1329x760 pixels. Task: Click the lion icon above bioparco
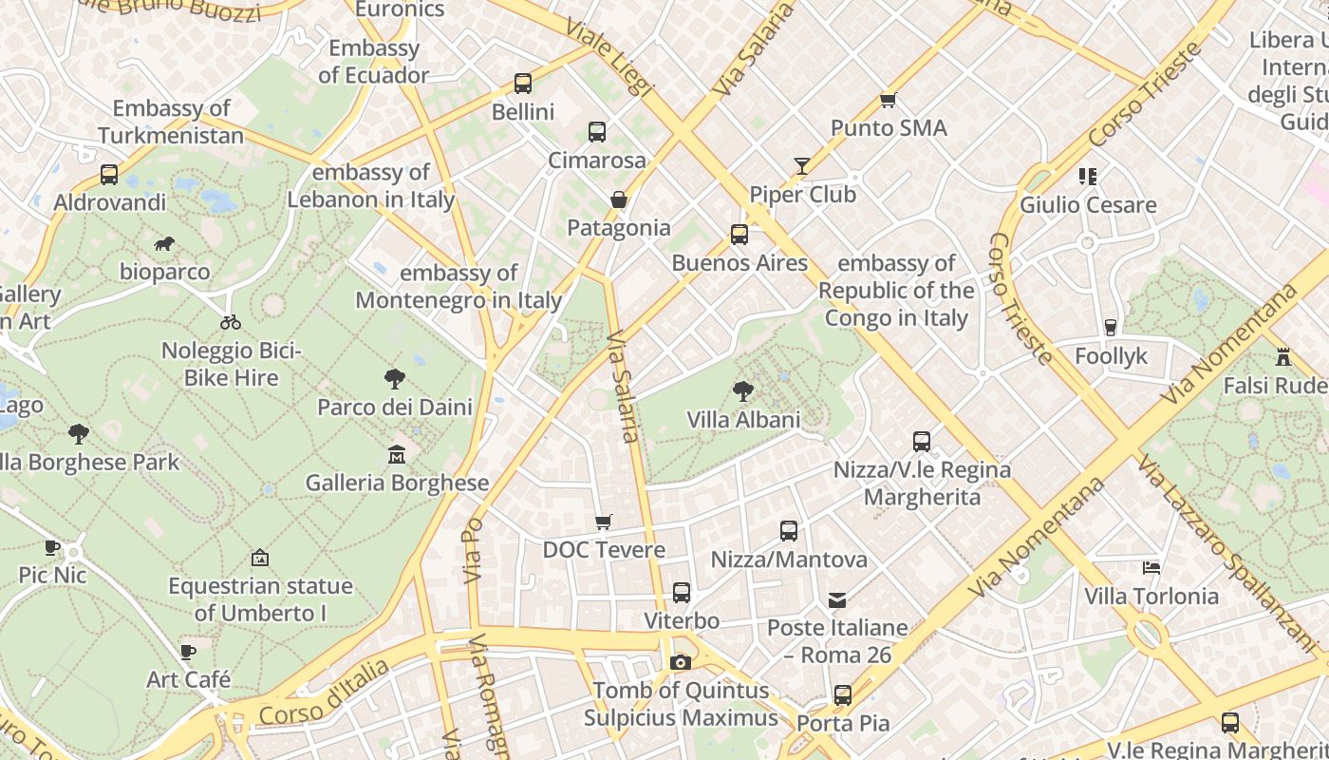164,244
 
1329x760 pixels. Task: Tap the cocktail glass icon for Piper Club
802,167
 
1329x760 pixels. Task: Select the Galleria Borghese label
397,483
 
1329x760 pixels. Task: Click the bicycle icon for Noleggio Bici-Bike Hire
231,322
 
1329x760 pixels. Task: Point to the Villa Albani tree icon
743,390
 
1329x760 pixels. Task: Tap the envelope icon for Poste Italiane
837,599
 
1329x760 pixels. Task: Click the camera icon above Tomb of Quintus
680,662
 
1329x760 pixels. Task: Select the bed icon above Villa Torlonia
1151,568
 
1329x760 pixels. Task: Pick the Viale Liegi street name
609,55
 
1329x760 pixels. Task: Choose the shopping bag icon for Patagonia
619,199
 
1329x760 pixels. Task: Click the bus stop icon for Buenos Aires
739,235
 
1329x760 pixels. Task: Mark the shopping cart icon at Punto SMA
889,100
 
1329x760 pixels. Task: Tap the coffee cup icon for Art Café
188,652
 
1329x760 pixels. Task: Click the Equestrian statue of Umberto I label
260,599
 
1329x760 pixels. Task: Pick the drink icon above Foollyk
1111,328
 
